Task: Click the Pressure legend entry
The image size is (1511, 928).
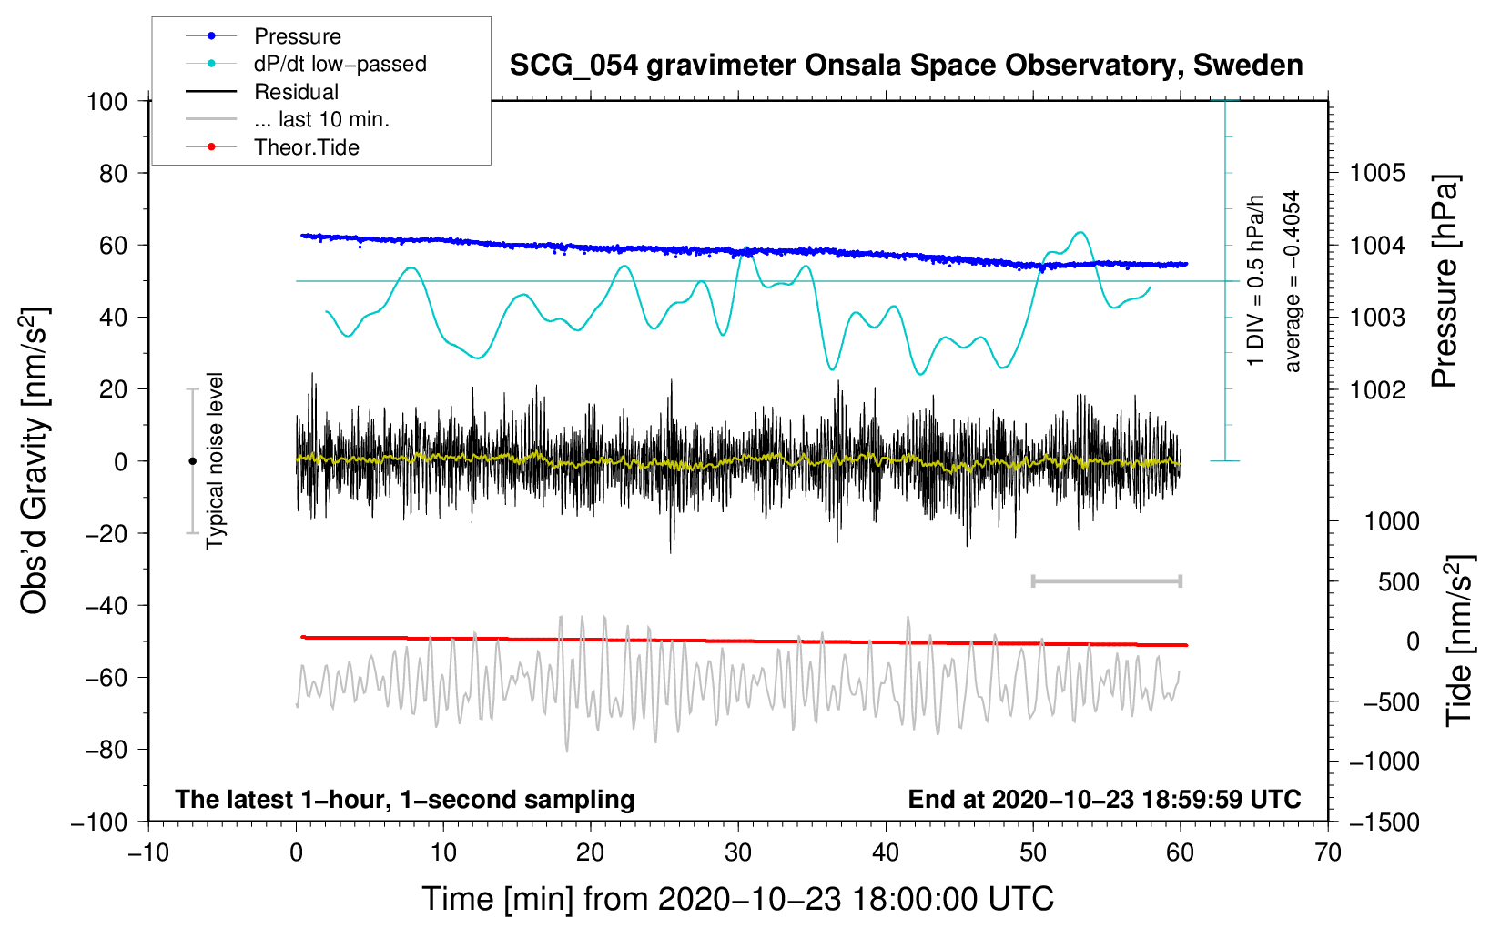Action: (297, 36)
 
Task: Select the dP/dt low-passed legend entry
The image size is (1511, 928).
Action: (340, 64)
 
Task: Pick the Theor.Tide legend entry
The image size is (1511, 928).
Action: (306, 147)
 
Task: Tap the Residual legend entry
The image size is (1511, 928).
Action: (296, 92)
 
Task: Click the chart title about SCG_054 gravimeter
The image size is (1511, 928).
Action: (906, 66)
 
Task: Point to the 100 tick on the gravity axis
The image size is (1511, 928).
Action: (106, 101)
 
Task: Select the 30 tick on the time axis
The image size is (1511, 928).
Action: (738, 852)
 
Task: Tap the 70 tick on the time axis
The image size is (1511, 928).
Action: (1328, 852)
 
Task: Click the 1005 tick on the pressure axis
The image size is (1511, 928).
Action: (1377, 173)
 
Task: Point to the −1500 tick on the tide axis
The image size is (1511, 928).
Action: (1384, 822)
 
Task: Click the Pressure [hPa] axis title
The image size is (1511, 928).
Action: (1445, 282)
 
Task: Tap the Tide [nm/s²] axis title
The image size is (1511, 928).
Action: (1459, 641)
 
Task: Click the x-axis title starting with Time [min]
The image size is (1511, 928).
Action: (738, 899)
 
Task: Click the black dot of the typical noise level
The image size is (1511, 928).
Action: (192, 461)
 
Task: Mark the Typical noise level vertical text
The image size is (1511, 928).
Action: (215, 461)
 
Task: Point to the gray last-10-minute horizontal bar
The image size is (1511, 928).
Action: (1106, 580)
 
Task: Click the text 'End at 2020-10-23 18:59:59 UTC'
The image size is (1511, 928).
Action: (1104, 800)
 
